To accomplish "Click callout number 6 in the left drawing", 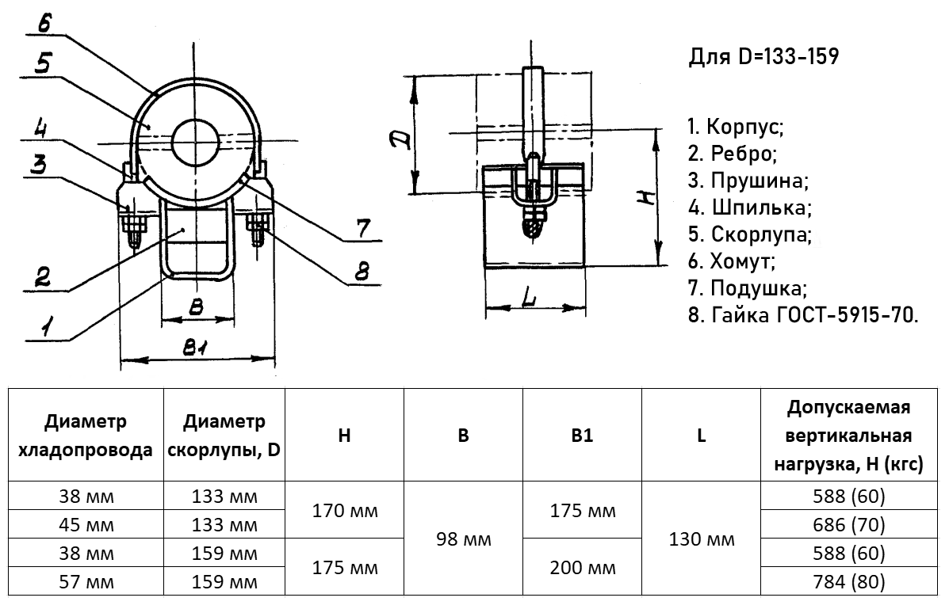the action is [x=44, y=22].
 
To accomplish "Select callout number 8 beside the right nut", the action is [x=362, y=272].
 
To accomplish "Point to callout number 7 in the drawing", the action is [x=362, y=229].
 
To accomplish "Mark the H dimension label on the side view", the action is [x=648, y=196].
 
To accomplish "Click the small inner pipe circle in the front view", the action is [x=195, y=140].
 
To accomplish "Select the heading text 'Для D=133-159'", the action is [x=763, y=57].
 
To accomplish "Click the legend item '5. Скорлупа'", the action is [x=749, y=234].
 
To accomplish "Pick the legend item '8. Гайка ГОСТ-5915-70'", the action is [x=803, y=314].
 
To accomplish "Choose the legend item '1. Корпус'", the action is [x=736, y=127].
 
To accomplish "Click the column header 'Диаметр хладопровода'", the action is [x=86, y=436].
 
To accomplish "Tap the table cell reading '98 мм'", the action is [x=464, y=539].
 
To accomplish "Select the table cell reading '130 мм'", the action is [x=702, y=539].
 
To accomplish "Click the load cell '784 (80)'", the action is [x=848, y=582].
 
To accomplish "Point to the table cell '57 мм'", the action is [x=86, y=582].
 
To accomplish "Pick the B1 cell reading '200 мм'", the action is [x=582, y=567].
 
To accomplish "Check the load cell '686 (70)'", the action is [x=848, y=524].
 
